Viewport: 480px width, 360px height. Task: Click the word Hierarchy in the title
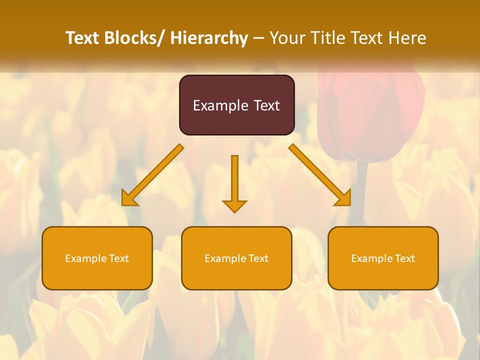click(x=209, y=38)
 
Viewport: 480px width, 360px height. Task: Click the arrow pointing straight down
click(x=234, y=180)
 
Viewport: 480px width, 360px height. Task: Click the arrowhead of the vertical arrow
click(x=234, y=205)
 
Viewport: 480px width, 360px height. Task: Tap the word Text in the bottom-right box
click(x=404, y=258)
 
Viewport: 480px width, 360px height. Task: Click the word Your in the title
click(x=287, y=38)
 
